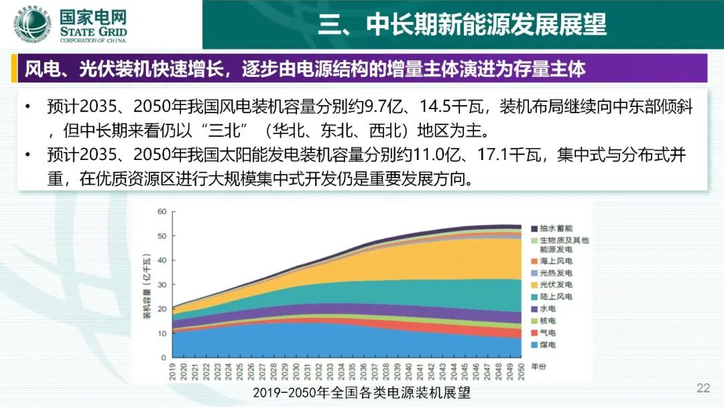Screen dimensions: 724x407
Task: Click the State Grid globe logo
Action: (x=32, y=24)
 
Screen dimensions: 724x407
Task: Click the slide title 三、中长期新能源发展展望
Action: (x=462, y=24)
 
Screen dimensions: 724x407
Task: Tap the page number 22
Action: (x=703, y=388)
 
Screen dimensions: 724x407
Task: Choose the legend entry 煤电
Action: (x=543, y=345)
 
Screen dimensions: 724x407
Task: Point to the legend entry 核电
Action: (x=543, y=321)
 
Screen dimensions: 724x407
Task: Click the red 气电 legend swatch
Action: (x=534, y=333)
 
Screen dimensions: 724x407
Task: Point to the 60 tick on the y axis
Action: (x=162, y=212)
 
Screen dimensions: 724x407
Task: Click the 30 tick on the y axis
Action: (x=162, y=285)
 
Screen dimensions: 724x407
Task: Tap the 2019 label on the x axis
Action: (x=172, y=372)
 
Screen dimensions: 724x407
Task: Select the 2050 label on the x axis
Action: (x=521, y=372)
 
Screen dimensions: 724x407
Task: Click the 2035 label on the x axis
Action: (x=352, y=372)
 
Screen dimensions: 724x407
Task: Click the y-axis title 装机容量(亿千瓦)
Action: (x=147, y=286)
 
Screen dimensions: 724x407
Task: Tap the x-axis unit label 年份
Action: (x=538, y=366)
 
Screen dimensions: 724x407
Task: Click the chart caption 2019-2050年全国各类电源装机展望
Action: (x=361, y=392)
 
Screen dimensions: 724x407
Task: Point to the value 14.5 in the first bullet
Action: (x=434, y=106)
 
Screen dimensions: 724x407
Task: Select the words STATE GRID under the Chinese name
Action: (x=93, y=32)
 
